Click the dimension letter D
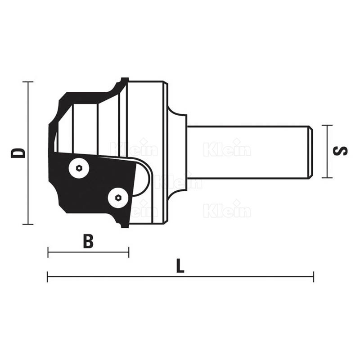pos(18,153)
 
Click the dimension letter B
pos(88,241)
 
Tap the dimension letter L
pos(180,266)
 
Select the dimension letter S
pos(340,151)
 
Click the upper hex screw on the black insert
pos(79,168)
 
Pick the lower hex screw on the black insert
pos(118,198)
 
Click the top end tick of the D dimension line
pos(28,82)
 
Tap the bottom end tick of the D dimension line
pos(28,224)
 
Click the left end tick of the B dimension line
pos(48,252)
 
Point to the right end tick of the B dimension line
pos(129,252)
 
